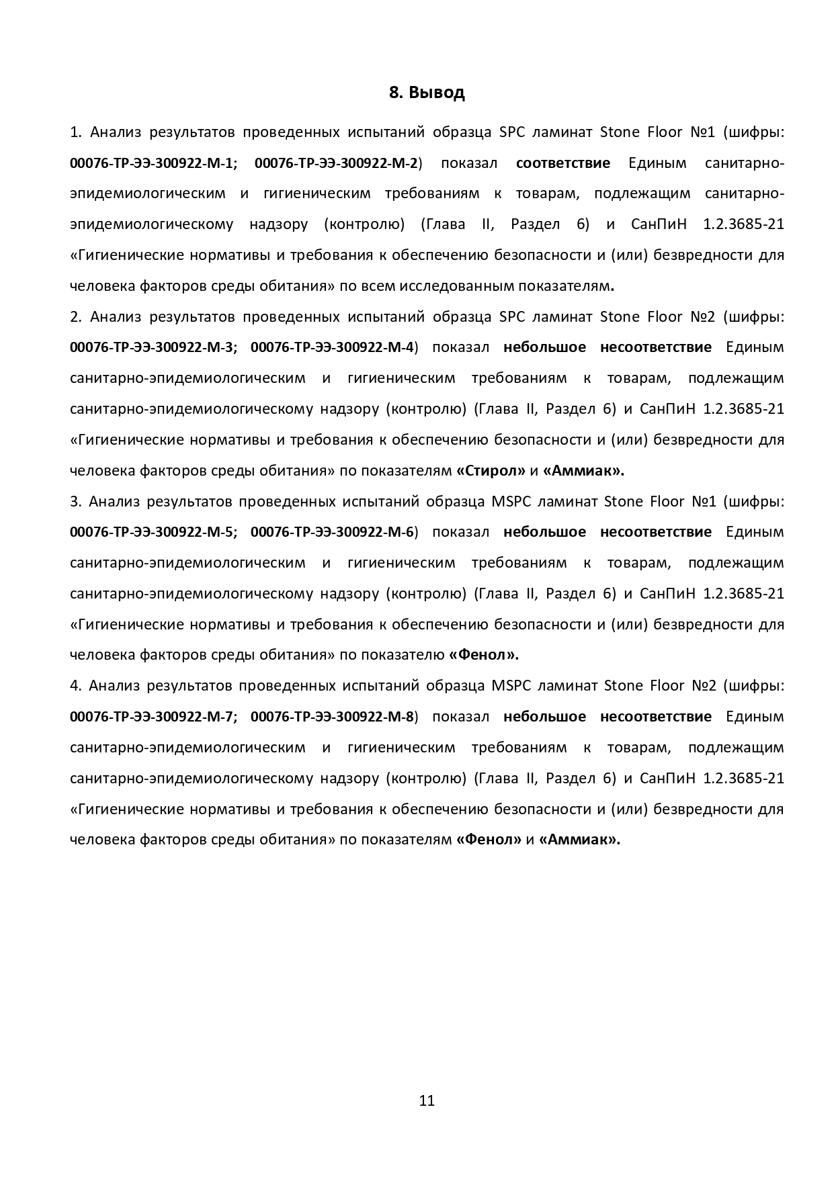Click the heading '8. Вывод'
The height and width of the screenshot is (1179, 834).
pyautogui.click(x=427, y=93)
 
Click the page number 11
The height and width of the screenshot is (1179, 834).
pyautogui.click(x=427, y=1100)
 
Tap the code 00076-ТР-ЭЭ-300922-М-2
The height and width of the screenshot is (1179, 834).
pyautogui.click(x=336, y=163)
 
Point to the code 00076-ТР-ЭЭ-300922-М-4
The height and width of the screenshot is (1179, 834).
pyautogui.click(x=332, y=347)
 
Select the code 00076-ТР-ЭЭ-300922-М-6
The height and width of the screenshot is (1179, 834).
pyautogui.click(x=332, y=532)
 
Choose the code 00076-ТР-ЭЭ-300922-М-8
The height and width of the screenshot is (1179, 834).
pyautogui.click(x=332, y=717)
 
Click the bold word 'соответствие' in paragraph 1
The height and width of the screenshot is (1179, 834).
pyautogui.click(x=563, y=163)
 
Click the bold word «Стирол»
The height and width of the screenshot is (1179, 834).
pyautogui.click(x=491, y=471)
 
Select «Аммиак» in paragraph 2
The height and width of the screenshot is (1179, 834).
pyautogui.click(x=583, y=471)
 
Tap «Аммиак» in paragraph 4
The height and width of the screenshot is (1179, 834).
pyautogui.click(x=579, y=840)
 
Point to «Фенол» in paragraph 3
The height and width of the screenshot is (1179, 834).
pyautogui.click(x=483, y=655)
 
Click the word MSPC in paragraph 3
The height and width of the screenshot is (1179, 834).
pyautogui.click(x=511, y=501)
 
